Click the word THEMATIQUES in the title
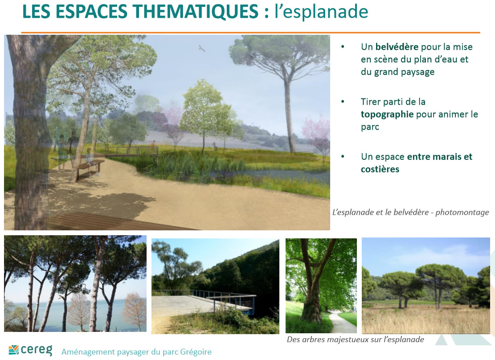[196, 12]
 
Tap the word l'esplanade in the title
[321, 12]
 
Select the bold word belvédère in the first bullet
[397, 47]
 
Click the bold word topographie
[387, 115]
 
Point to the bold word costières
[380, 169]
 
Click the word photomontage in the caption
[462, 213]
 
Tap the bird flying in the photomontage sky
[202, 48]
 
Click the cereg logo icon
[13, 350]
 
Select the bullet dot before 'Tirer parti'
[343, 102]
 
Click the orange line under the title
[251, 32]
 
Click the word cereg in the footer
[36, 350]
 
